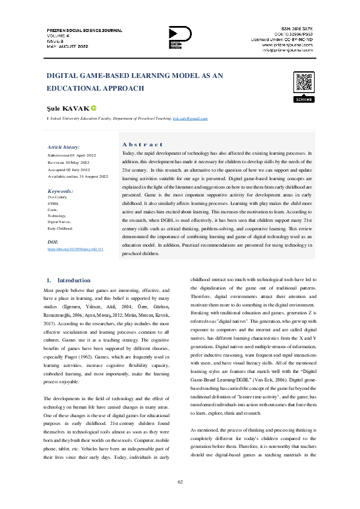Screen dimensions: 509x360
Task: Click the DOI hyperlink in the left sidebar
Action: pos(76,249)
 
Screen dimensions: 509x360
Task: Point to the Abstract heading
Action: pos(142,144)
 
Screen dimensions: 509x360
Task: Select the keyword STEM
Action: pos(53,203)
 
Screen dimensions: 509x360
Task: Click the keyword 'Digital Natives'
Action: pos(59,222)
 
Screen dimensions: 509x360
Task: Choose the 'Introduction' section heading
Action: pos(73,280)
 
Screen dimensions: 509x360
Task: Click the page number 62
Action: pos(180,481)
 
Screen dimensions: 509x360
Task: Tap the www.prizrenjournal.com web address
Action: pos(287,45)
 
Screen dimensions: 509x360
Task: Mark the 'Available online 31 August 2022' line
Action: pos(77,176)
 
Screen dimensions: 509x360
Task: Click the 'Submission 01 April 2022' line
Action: pos(71,156)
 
